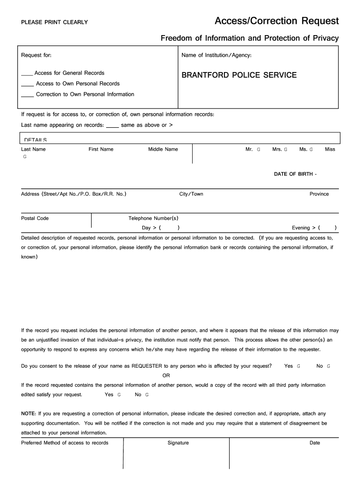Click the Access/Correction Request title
(276, 21)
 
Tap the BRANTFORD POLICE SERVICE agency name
(239, 75)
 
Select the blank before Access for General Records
(27, 74)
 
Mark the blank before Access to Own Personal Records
(27, 85)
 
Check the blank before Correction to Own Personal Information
(27, 95)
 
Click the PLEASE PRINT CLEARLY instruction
(54, 22)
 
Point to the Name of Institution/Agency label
(216, 56)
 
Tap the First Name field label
(101, 149)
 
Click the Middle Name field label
(163, 149)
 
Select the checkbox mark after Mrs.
(286, 150)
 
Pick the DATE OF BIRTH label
(295, 174)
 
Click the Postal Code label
(35, 218)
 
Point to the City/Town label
(191, 194)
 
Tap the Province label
(319, 194)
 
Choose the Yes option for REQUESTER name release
(288, 366)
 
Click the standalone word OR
(166, 376)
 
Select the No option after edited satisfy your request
(138, 395)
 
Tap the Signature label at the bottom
(178, 443)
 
